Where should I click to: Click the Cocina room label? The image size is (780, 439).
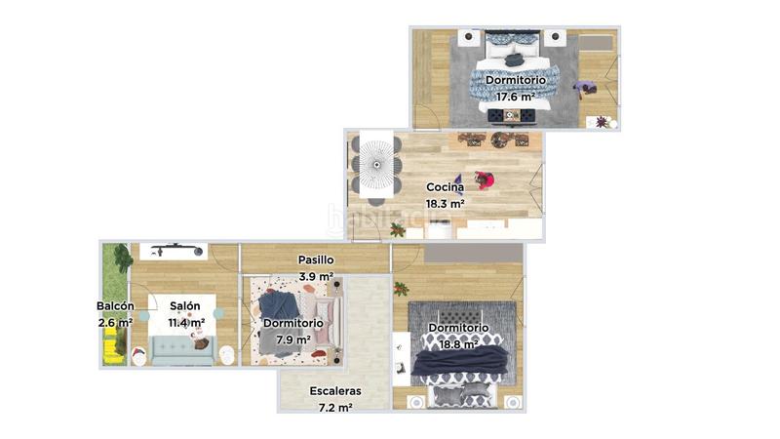[445, 187]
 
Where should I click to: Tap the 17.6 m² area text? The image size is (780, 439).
[516, 97]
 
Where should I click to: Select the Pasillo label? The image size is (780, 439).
[316, 260]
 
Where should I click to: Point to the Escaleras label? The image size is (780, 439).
[335, 391]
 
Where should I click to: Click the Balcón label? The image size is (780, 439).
[115, 305]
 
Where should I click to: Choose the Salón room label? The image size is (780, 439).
[185, 305]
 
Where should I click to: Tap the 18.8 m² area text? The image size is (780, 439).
[458, 343]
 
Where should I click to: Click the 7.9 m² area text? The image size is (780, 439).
[292, 339]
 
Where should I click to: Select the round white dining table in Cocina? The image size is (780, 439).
[377, 167]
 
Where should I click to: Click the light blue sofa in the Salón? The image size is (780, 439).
[181, 351]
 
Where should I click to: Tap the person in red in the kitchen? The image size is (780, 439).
[484, 180]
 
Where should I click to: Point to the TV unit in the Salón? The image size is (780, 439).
[173, 250]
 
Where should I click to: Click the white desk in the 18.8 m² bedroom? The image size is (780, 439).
[401, 358]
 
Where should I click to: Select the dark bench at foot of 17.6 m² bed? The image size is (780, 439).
[512, 116]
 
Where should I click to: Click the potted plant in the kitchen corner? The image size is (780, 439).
[397, 230]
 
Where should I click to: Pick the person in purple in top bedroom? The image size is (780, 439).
[584, 89]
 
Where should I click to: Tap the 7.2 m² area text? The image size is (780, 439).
[335, 408]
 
